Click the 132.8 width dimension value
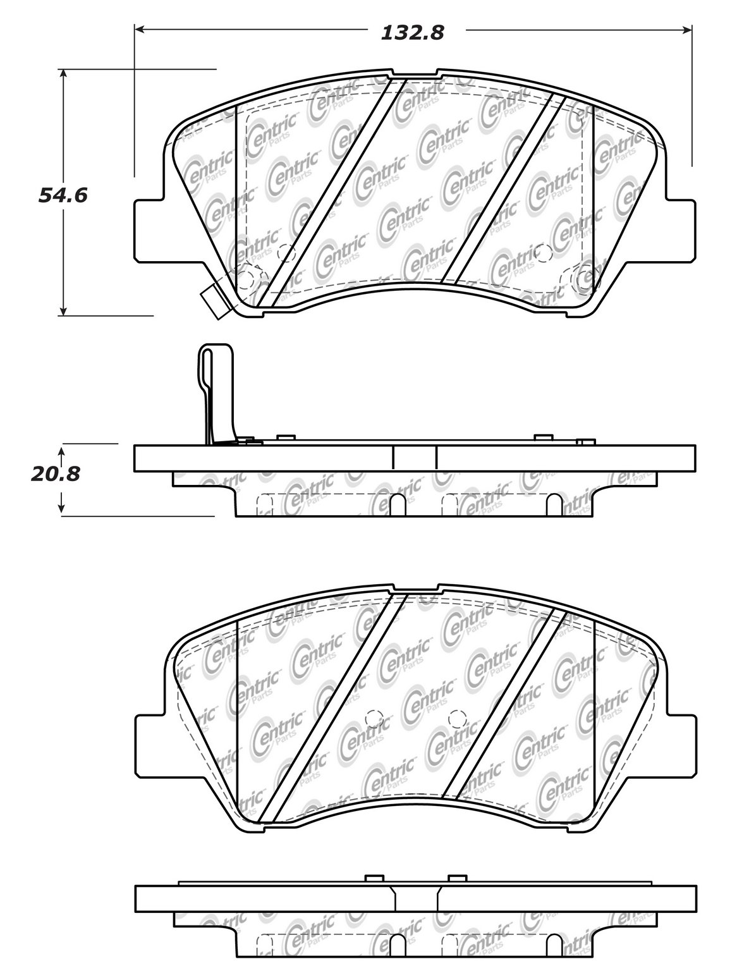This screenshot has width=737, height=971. click(413, 33)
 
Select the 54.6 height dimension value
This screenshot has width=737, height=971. click(63, 195)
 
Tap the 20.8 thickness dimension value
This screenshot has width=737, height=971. click(56, 473)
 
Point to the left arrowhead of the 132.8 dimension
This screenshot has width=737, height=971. click(140, 30)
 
